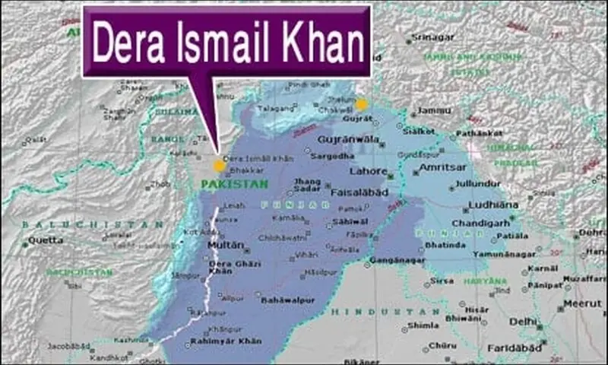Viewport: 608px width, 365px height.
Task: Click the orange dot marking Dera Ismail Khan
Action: pos(219,165)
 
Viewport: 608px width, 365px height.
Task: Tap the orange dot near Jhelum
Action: pos(361,104)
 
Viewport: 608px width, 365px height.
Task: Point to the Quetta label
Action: pos(43,241)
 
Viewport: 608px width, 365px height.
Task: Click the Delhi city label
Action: pos(523,322)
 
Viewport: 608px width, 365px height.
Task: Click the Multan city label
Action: pos(226,246)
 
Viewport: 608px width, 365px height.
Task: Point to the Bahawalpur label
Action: pos(287,300)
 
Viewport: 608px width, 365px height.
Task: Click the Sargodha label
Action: pos(332,156)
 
